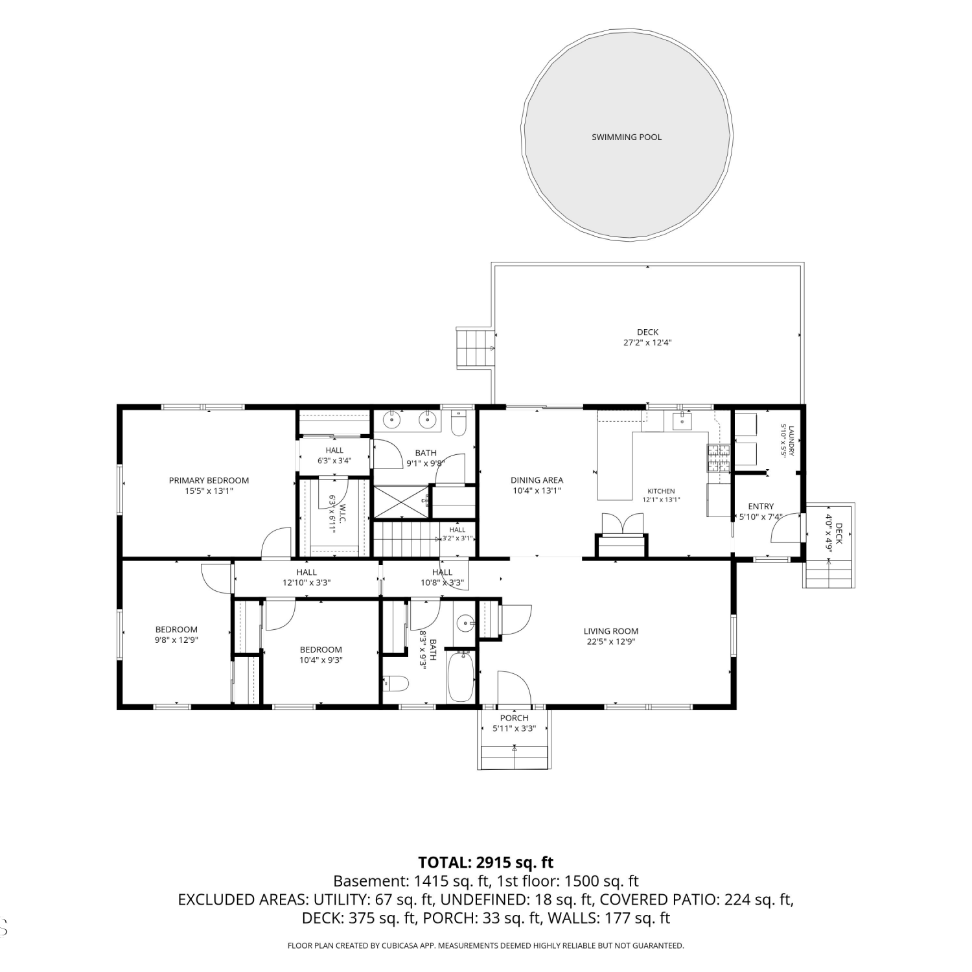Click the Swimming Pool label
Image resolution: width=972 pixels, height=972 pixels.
click(x=627, y=137)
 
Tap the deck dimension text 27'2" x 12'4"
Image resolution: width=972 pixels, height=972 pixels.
click(x=647, y=343)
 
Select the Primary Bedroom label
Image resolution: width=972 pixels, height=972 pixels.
click(x=209, y=480)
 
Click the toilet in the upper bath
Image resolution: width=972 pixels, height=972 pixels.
click(x=458, y=422)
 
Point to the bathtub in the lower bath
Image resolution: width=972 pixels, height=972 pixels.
click(x=461, y=677)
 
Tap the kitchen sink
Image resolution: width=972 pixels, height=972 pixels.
click(x=683, y=421)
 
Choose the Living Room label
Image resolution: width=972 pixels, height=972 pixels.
click(x=611, y=631)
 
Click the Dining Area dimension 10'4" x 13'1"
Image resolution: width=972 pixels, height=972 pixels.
click(x=537, y=491)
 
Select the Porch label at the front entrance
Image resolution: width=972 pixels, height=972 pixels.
click(x=515, y=717)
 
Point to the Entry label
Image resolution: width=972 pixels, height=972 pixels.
click(x=761, y=506)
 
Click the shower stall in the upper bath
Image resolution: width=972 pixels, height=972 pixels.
click(x=401, y=502)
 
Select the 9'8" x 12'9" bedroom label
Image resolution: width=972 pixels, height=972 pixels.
click(x=176, y=629)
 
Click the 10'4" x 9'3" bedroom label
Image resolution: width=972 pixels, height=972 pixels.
click(x=321, y=649)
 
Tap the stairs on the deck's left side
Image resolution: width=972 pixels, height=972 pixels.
click(x=475, y=348)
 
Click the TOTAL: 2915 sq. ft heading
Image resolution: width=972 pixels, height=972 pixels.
click(x=486, y=862)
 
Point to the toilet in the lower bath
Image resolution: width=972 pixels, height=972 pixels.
click(x=395, y=682)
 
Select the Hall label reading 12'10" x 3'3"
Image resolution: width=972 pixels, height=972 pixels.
click(x=307, y=572)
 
